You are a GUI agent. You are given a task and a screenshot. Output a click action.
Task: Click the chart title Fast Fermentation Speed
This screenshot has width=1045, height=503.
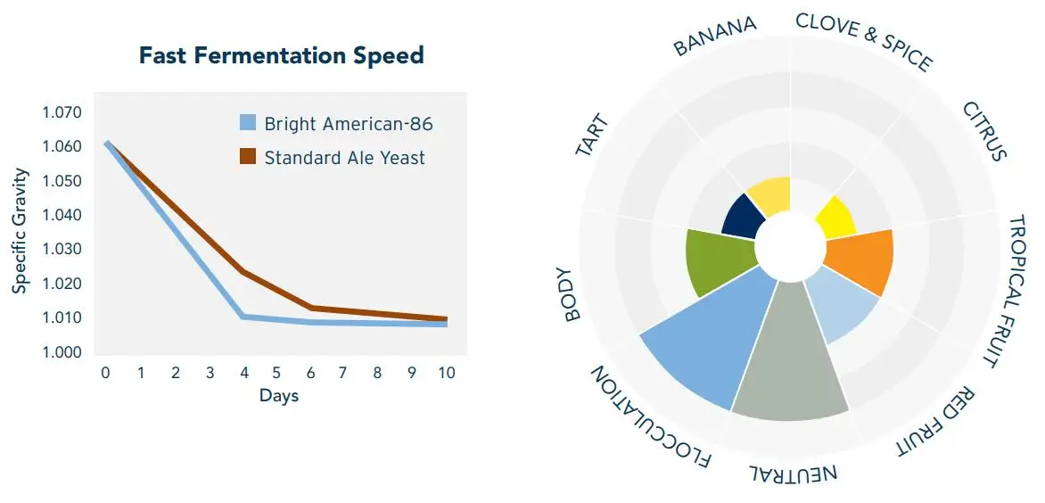tap(281, 56)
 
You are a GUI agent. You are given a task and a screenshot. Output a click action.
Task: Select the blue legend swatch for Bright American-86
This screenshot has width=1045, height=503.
tap(249, 124)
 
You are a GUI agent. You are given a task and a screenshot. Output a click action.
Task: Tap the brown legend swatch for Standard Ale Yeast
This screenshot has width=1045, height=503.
tap(249, 158)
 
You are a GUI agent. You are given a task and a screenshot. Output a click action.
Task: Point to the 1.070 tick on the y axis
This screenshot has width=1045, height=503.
tap(62, 113)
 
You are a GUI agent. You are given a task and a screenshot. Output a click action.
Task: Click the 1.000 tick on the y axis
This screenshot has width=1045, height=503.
tap(62, 352)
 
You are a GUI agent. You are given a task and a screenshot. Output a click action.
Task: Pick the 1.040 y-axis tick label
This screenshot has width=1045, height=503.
tap(62, 216)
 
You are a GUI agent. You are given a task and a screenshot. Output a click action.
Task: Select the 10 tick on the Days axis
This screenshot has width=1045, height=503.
tap(446, 373)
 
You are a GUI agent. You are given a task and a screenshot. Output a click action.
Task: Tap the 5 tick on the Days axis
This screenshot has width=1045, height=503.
tap(276, 373)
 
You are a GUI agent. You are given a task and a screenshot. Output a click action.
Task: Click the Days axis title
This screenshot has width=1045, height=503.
tap(279, 396)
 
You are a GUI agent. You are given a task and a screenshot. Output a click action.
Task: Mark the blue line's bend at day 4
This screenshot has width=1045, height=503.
tap(243, 317)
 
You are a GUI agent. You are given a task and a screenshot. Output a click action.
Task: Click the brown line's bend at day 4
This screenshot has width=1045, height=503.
tap(243, 272)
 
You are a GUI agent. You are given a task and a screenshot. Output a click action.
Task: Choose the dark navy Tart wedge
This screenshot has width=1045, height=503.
tap(740, 216)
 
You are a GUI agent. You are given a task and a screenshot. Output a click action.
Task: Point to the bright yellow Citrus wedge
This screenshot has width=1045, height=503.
tap(835, 217)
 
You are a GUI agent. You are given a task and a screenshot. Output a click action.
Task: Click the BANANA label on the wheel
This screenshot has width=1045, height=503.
tap(715, 35)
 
